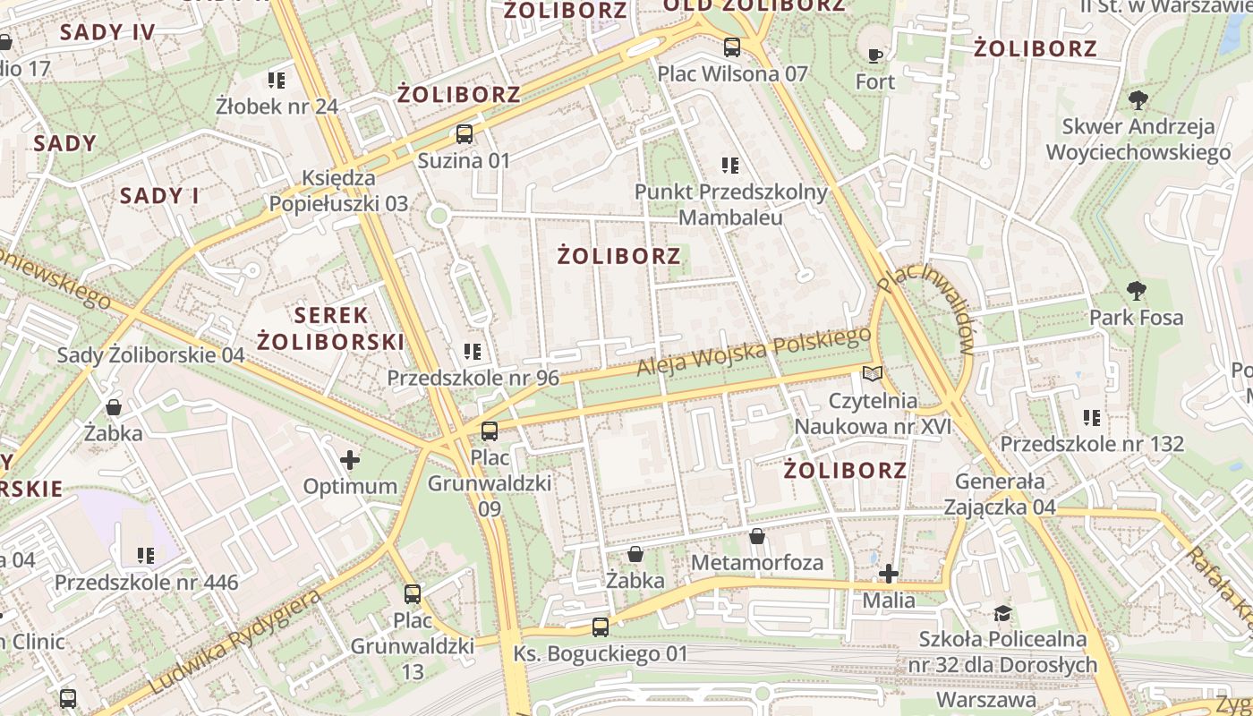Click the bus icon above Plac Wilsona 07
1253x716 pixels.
[x=732, y=47]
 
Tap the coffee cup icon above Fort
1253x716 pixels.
[x=875, y=55]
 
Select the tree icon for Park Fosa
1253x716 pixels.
[x=1137, y=291]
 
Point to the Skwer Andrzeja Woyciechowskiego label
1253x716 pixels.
[x=1138, y=140]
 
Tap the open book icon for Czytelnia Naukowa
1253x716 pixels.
[x=873, y=373]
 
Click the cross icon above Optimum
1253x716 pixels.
[x=350, y=460]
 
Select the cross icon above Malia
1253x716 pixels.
[x=889, y=573]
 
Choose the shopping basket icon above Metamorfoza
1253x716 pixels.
[x=757, y=536]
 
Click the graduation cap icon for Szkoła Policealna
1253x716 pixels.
[x=1003, y=613]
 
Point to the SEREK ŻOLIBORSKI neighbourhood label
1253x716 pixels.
[x=331, y=328]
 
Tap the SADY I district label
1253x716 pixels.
[x=160, y=196]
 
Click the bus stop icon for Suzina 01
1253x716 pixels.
[x=464, y=135]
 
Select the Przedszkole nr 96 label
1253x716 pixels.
[x=473, y=378]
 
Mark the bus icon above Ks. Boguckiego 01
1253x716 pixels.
[x=601, y=627]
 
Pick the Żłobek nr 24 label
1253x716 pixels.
[x=277, y=107]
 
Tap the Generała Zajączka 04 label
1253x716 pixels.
[x=1000, y=494]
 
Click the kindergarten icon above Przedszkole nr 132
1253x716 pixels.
[x=1092, y=417]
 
